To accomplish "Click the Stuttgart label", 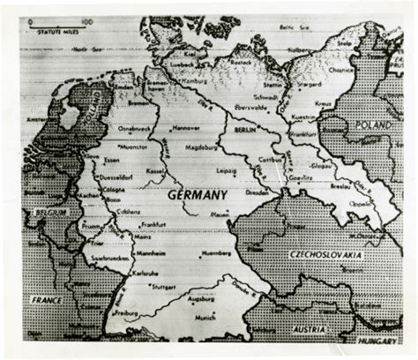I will click(164, 287).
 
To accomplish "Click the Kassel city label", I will click(154, 169).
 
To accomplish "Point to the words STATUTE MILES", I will click(49, 32).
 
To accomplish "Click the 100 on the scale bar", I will click(86, 20).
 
